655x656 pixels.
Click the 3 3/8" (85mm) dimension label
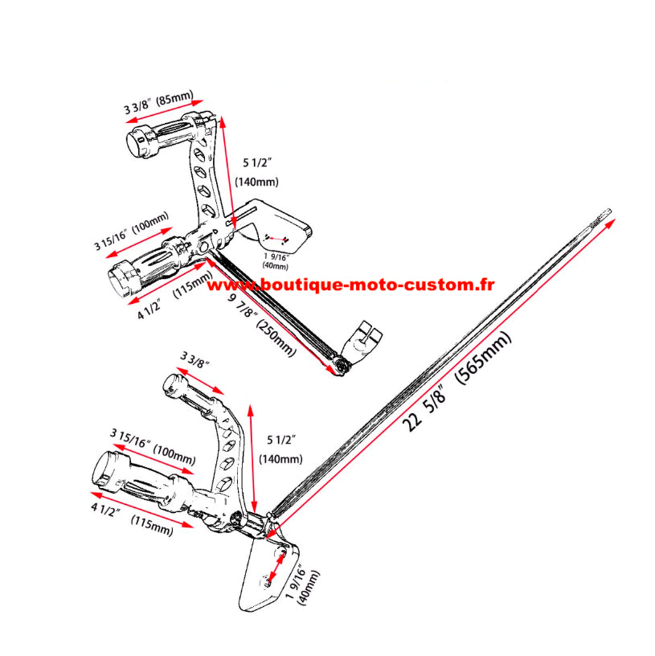tap(158, 102)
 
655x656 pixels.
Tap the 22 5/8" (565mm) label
tap(457, 380)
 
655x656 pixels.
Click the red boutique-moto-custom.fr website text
tap(351, 285)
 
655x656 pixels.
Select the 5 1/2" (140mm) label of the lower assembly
tap(281, 449)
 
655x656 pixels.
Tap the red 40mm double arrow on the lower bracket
tap(274, 572)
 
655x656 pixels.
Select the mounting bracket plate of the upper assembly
tap(277, 221)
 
